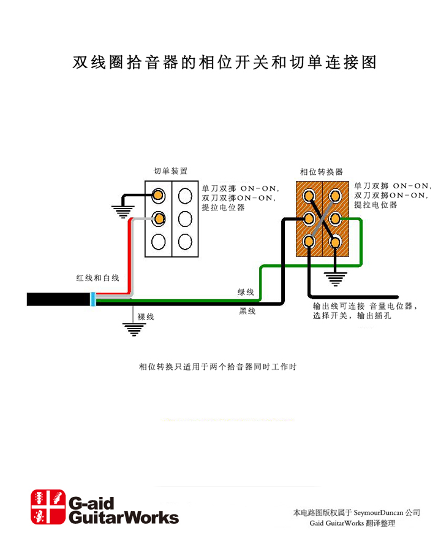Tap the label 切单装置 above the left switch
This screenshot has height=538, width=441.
click(x=170, y=171)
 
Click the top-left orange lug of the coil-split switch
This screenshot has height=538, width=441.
click(x=159, y=196)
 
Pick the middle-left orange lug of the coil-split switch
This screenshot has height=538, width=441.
click(x=159, y=218)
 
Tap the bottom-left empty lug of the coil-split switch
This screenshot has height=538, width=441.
click(x=159, y=241)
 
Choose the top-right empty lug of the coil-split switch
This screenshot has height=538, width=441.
click(x=184, y=196)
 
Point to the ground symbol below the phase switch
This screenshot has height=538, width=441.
click(x=334, y=279)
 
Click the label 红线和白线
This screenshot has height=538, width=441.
click(x=97, y=278)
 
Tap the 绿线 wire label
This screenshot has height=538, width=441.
click(x=246, y=292)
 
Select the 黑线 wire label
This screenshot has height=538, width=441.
click(x=247, y=312)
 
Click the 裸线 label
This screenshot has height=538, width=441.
click(x=146, y=317)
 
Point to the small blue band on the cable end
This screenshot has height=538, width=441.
click(x=92, y=299)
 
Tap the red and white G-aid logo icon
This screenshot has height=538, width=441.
click(x=48, y=507)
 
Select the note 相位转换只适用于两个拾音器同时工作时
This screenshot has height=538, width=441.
click(x=218, y=367)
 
